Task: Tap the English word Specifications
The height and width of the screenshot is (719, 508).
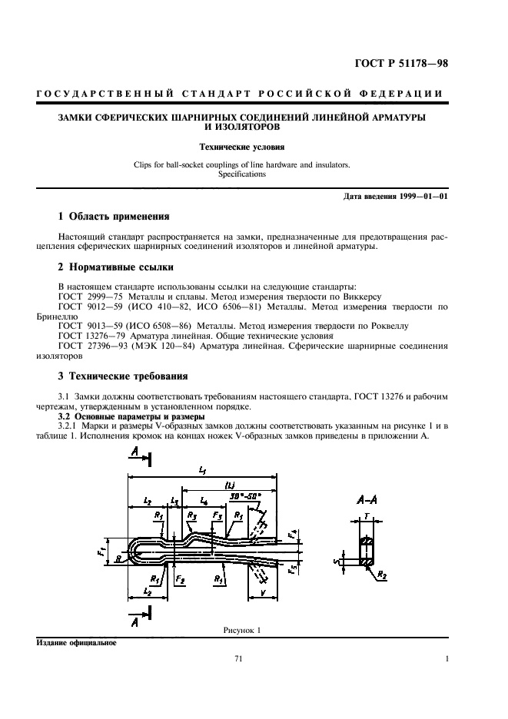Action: [241, 174]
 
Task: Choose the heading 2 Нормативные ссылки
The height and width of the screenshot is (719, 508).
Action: [115, 267]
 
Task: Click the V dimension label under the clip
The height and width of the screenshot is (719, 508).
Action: [264, 592]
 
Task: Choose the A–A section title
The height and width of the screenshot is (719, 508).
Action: [366, 499]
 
